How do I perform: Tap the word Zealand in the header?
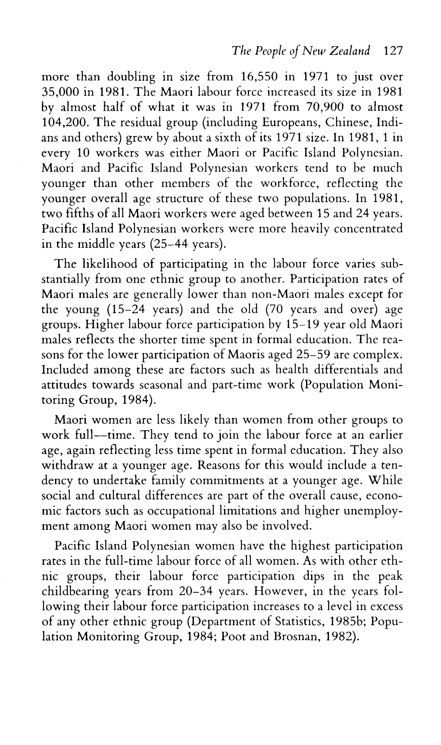pyautogui.click(x=347, y=51)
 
